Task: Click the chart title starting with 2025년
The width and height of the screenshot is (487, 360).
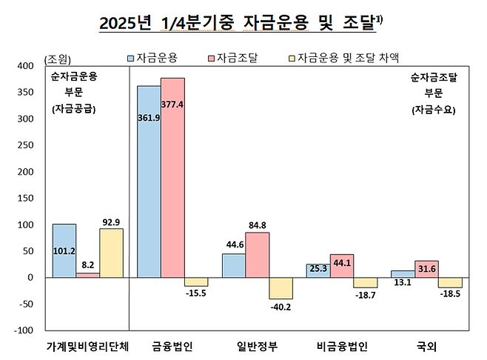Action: coord(241,24)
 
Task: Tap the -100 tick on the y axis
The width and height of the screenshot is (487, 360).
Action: coord(25,330)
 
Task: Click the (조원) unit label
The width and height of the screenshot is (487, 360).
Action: coord(59,59)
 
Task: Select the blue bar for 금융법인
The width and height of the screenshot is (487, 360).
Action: coord(149,181)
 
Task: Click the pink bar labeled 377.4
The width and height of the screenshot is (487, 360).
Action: coord(172,178)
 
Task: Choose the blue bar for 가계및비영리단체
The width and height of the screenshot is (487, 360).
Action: coord(64,250)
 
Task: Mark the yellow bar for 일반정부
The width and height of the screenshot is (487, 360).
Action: coord(281,288)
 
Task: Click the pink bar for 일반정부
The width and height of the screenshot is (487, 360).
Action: coord(257,255)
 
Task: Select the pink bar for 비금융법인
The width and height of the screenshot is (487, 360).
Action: coord(342,266)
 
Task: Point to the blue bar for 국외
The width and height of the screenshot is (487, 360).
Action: coord(402,274)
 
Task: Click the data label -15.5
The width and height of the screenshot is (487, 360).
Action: coord(196,295)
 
